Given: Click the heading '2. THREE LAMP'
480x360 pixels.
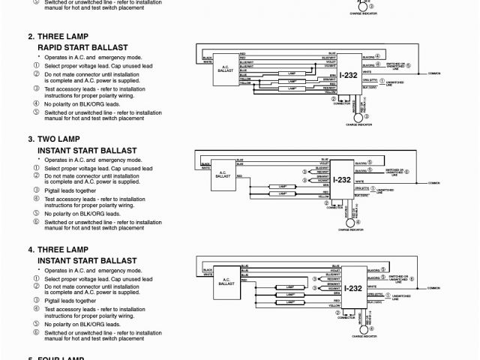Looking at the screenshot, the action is pyautogui.click(x=58, y=36).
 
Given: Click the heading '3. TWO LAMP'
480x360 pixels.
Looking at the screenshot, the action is pyautogui.click(x=53, y=139).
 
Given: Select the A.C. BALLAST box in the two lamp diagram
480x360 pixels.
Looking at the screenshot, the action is pyautogui.click(x=223, y=174).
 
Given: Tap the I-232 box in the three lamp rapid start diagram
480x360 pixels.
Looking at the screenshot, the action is pyautogui.click(x=346, y=76).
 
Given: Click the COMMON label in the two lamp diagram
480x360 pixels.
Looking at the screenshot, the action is pyautogui.click(x=433, y=181).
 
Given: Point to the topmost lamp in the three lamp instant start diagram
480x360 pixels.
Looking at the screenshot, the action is pyautogui.click(x=285, y=286).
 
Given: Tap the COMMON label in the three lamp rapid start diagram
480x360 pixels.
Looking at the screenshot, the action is pyautogui.click(x=433, y=74).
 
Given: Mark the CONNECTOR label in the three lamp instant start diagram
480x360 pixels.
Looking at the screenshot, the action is pyautogui.click(x=346, y=317).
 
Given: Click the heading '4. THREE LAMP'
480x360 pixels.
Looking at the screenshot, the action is pyautogui.click(x=58, y=249).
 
